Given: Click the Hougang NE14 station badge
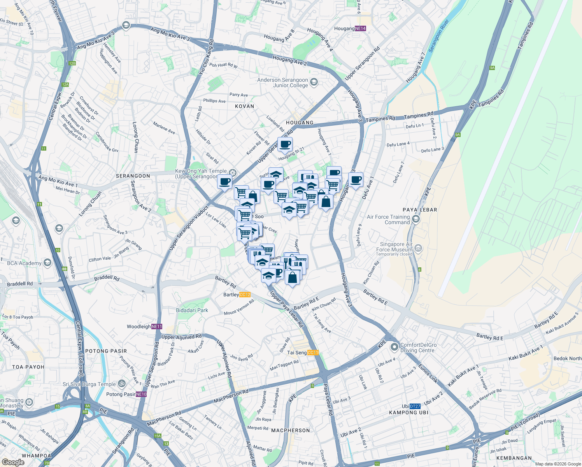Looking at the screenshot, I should tap(361, 28).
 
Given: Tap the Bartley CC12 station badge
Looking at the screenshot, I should tap(245, 295).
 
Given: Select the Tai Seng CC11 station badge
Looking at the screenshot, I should tap(313, 353).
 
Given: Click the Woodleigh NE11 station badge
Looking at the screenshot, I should tap(157, 327).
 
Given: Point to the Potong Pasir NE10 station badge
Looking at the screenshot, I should tap(141, 394).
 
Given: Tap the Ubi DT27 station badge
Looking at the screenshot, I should tap(415, 406).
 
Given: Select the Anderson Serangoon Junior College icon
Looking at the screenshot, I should tap(314, 82).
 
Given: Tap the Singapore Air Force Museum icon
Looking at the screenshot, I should tap(418, 248).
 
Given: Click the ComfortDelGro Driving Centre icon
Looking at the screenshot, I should tap(394, 346).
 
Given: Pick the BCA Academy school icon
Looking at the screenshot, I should tap(47, 263).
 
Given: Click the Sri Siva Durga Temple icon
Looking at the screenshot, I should tap(122, 384).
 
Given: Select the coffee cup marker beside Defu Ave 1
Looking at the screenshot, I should tap(356, 180).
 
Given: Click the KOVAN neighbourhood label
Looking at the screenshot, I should tap(244, 106).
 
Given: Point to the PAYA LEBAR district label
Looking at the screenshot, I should tap(420, 210).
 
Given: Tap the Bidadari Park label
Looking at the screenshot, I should tap(192, 310).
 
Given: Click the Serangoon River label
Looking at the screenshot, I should tap(438, 36).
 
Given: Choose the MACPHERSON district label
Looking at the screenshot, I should tap(290, 430).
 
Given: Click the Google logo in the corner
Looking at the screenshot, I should tap(13, 462).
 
